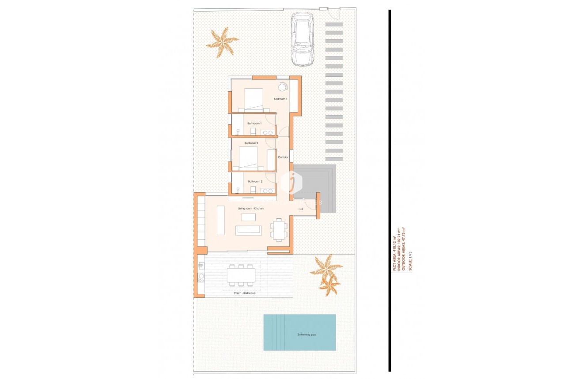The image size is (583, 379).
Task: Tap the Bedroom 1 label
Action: click(280, 99)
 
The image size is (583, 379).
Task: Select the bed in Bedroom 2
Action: click(248, 158)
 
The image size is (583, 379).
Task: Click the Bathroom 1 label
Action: click(254, 123)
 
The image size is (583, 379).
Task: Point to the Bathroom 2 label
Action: click(255, 181)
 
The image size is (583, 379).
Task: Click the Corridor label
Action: click(283, 157)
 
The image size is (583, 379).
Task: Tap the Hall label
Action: click(301, 209)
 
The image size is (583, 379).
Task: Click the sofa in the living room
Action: click(248, 230)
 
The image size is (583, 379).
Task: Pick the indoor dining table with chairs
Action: click(279, 230)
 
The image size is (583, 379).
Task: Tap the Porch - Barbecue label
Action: click(245, 293)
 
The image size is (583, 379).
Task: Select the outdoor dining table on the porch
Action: click(241, 276)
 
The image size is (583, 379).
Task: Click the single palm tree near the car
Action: click(222, 42)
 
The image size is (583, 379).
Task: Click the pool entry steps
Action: click(274, 332)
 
